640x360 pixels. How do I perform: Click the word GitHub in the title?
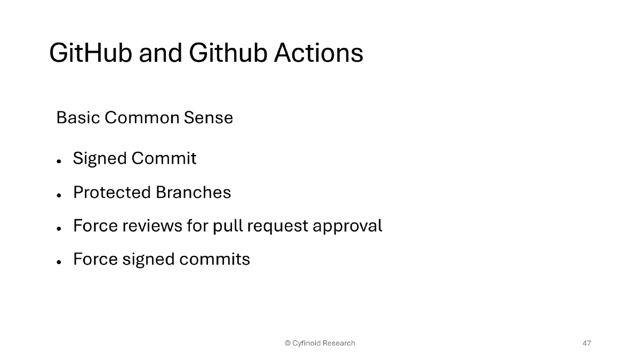click(90, 53)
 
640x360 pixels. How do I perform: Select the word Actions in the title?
click(318, 53)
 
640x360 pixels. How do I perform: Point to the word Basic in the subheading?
click(78, 117)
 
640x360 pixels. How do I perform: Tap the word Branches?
click(193, 192)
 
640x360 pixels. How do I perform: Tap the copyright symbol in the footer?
click(287, 343)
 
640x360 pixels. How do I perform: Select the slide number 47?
click(587, 343)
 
